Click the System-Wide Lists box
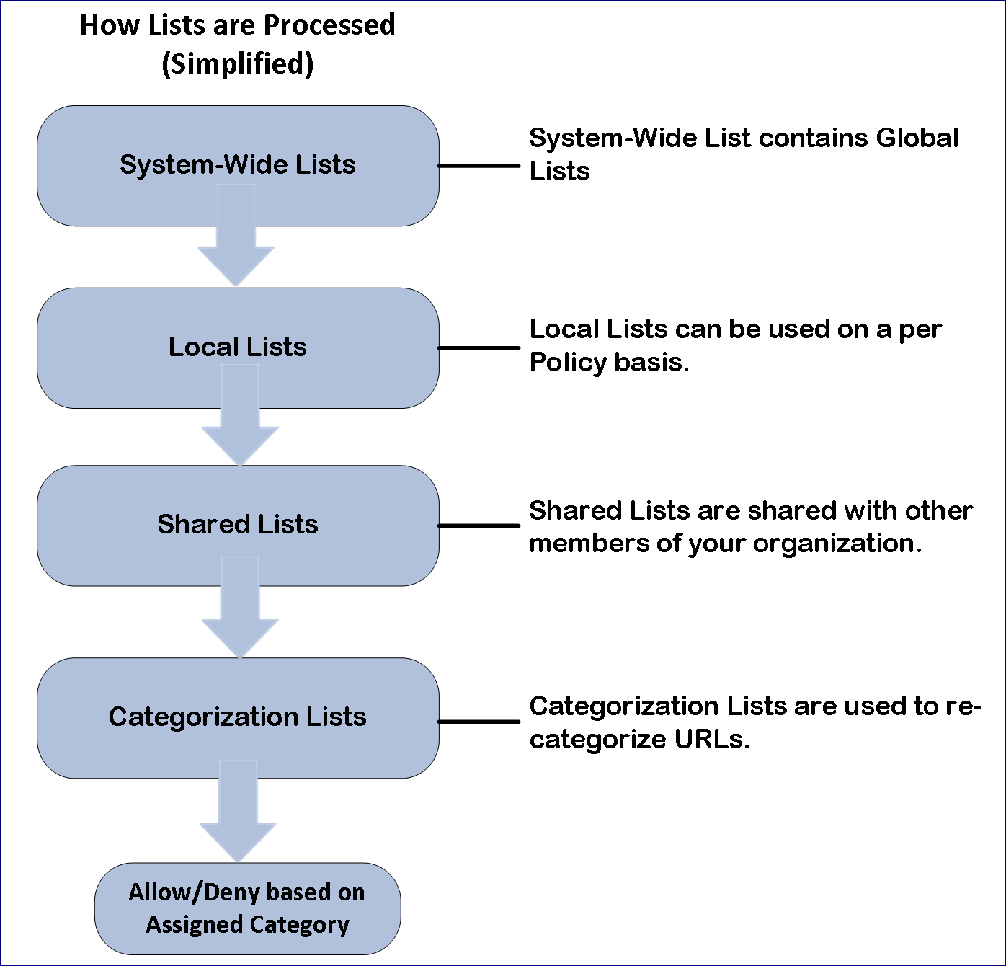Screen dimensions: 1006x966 [x=238, y=166]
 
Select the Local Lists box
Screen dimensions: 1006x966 [x=238, y=347]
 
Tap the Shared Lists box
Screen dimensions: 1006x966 [x=238, y=526]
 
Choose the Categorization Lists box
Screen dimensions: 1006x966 [x=238, y=718]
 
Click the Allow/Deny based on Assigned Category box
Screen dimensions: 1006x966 [x=248, y=908]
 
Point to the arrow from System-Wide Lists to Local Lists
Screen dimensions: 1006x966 [x=236, y=235]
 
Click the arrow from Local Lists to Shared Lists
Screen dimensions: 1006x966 [x=240, y=415]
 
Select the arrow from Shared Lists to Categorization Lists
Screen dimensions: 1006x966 [x=240, y=607]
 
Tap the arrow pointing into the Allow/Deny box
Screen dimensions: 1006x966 [x=238, y=811]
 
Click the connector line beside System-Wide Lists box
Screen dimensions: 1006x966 [x=478, y=166]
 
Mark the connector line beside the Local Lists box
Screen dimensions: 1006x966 [x=478, y=348]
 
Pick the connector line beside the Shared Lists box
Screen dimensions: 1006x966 [x=478, y=526]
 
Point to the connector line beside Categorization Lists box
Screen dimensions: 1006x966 [x=478, y=722]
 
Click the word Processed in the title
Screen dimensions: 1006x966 [x=329, y=25]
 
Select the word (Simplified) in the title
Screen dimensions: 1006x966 [x=238, y=64]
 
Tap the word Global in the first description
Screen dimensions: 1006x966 [x=917, y=138]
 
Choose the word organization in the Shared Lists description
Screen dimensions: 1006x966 [x=837, y=544]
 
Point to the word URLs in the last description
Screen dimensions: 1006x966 [x=712, y=739]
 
